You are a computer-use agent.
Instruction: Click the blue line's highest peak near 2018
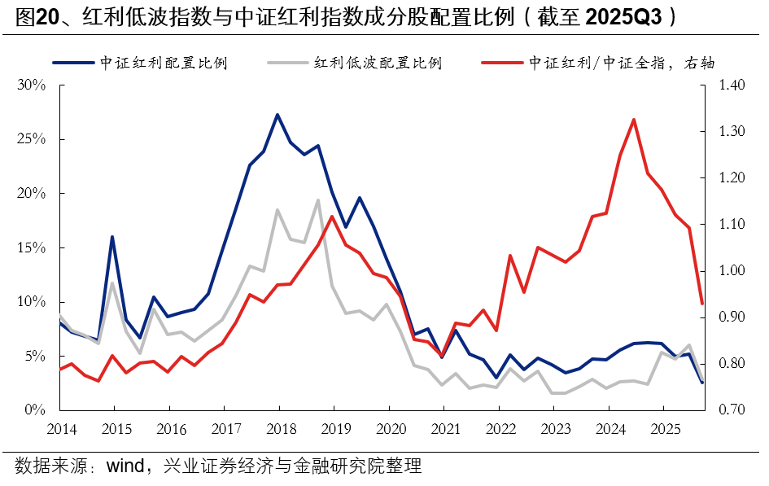[x=277, y=115]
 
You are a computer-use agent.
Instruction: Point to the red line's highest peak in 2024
[x=633, y=120]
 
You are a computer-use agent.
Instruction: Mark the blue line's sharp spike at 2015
[x=112, y=237]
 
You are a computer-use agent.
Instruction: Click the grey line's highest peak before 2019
[x=318, y=199]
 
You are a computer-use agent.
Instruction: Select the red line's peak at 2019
[x=332, y=216]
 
